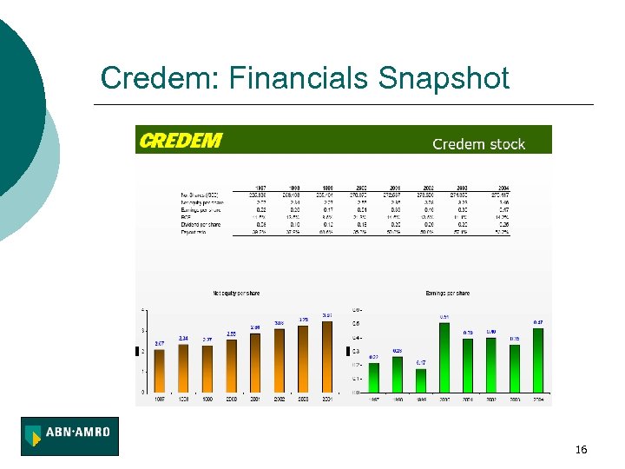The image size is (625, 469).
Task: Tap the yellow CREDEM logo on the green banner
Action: point(181,141)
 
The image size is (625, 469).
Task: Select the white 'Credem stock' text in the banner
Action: point(478,144)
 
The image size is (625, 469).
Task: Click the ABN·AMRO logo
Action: point(70,436)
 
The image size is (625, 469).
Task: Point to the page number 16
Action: point(581,449)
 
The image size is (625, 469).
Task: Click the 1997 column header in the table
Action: point(258,187)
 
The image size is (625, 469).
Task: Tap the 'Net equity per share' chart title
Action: point(236,294)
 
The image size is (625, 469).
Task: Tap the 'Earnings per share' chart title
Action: point(448,294)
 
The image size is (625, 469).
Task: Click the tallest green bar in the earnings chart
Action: point(444,357)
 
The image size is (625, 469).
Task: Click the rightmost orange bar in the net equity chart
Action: point(326,356)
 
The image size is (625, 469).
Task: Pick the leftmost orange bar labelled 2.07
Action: point(160,370)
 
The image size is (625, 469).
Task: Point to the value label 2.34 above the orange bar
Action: point(183,338)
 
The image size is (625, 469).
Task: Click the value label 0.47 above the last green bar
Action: point(538,322)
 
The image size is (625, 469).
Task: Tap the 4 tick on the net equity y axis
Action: point(143,310)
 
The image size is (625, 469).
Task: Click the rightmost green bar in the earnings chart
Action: point(538,360)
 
